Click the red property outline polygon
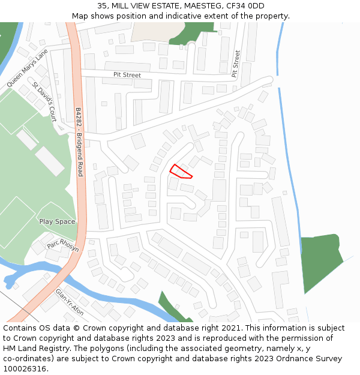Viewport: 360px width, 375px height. [180, 172]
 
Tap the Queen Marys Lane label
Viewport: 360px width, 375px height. [27, 68]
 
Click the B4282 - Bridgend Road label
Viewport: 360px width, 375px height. [79, 142]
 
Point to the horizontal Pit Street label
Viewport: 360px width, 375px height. [127, 75]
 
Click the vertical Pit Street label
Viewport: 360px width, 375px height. [236, 64]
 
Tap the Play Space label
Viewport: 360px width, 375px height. [57, 221]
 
